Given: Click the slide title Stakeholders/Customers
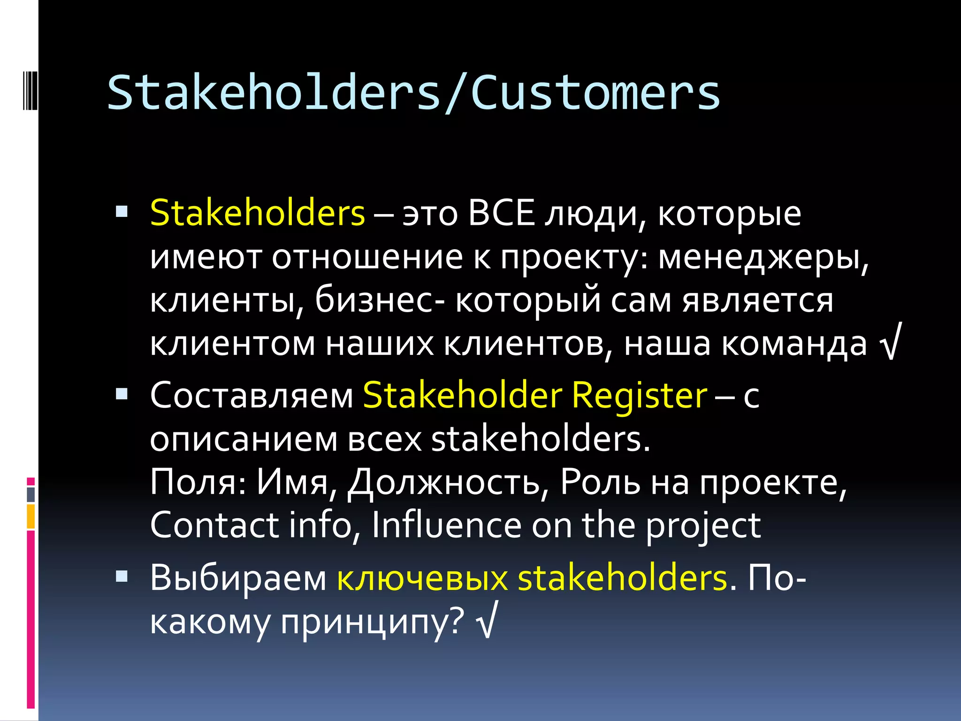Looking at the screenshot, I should [x=413, y=92].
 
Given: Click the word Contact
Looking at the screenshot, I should [x=214, y=525].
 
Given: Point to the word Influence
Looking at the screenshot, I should [x=446, y=525].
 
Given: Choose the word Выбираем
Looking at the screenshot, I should [x=238, y=578].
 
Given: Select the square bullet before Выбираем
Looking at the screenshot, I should [x=122, y=576].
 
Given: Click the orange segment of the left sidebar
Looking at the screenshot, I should [x=31, y=516].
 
